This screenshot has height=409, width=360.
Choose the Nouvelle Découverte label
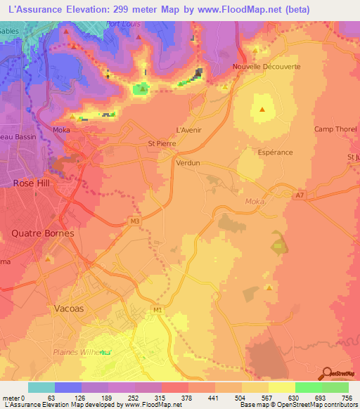point(266,67)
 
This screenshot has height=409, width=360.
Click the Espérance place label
point(275,152)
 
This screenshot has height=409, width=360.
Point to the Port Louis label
point(124,23)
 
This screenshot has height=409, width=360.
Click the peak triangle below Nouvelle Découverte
point(262,110)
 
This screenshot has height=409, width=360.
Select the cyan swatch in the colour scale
point(41,387)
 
